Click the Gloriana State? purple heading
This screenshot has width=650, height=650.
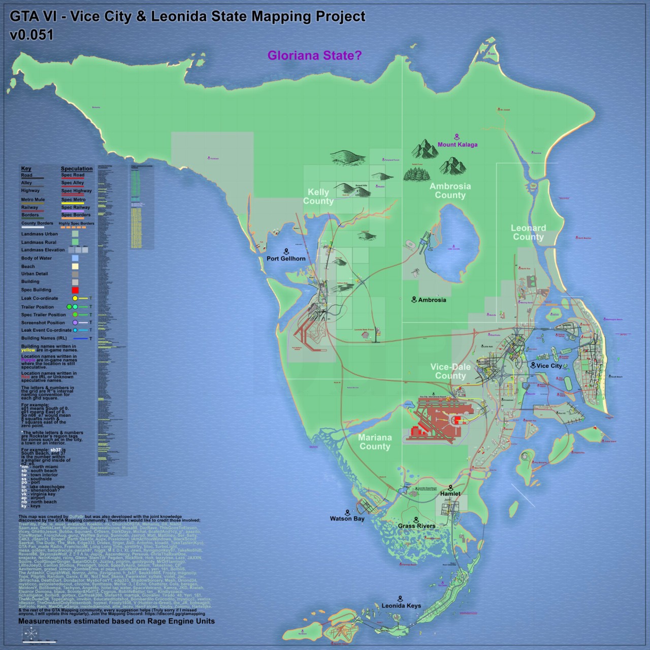(314, 55)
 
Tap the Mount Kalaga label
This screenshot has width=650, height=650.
(458, 144)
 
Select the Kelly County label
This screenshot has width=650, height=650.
(318, 197)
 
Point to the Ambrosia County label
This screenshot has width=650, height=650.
(450, 190)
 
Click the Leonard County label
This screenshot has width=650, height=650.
(528, 233)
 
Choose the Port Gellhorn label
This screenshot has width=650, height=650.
(286, 258)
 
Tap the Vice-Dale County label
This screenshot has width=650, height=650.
(450, 371)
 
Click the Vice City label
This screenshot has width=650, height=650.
(549, 366)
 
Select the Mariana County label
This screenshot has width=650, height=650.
(375, 442)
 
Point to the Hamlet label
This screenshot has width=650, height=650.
(450, 494)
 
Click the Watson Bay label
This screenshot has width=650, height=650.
(347, 519)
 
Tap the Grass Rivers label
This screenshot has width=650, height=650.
(416, 526)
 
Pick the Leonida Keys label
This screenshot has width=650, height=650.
(401, 606)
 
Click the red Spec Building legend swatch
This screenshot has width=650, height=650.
(75, 290)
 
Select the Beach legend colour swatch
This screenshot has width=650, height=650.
(75, 266)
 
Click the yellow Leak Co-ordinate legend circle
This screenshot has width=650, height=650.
(75, 299)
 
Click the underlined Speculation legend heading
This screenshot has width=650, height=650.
(77, 169)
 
